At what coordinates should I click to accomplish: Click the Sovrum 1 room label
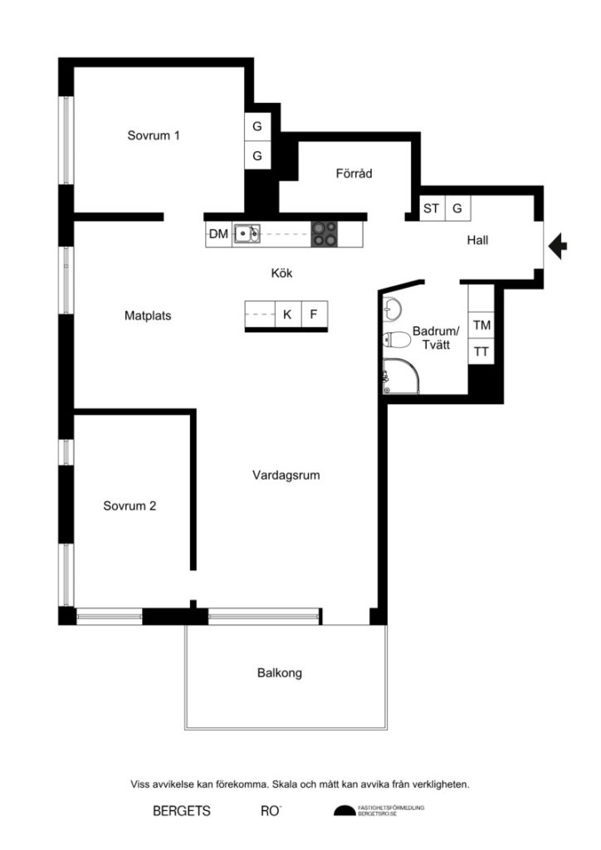(x=154, y=135)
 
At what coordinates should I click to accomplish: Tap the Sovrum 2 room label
(x=129, y=506)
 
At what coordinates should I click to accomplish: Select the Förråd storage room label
(x=354, y=174)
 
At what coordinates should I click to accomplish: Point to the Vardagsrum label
(x=286, y=476)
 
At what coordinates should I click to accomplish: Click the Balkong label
(x=280, y=673)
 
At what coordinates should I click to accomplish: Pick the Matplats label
(x=148, y=315)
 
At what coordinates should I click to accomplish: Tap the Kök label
(x=281, y=273)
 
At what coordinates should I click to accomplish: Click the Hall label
(x=477, y=241)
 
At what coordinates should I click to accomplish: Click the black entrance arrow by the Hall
(x=559, y=246)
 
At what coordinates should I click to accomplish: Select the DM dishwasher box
(x=218, y=235)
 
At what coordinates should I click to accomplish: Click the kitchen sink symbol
(x=247, y=234)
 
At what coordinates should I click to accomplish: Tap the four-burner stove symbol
(x=325, y=234)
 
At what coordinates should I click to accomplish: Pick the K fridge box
(x=287, y=315)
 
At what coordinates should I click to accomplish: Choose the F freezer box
(x=314, y=315)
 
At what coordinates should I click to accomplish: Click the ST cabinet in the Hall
(x=431, y=208)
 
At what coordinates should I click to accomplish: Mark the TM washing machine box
(x=481, y=326)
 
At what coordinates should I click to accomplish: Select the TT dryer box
(x=481, y=352)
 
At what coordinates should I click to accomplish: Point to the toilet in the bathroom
(x=398, y=340)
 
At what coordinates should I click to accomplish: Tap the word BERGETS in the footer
(x=182, y=811)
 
